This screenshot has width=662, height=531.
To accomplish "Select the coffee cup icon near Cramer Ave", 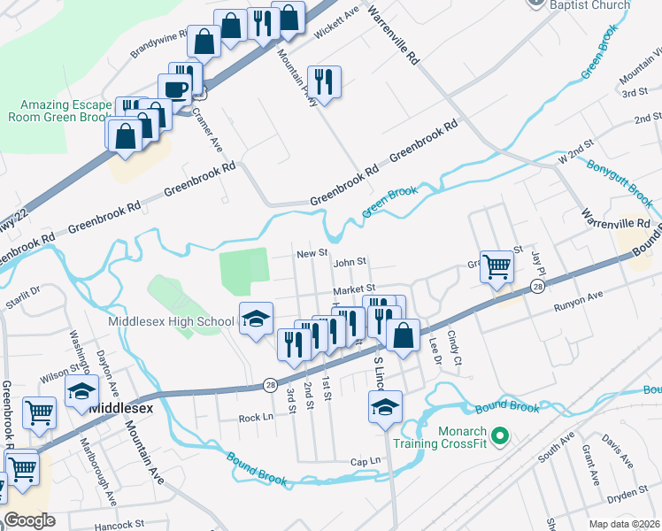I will (x=175, y=88).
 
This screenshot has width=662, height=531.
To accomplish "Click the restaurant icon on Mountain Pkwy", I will (x=323, y=81).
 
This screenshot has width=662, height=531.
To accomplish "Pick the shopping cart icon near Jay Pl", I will (x=497, y=265).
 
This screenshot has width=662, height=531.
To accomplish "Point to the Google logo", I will (x=29, y=520).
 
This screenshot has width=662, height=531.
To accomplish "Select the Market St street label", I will (x=354, y=289).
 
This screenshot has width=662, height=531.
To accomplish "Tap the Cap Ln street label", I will (x=365, y=461).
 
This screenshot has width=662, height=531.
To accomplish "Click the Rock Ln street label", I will (x=254, y=417).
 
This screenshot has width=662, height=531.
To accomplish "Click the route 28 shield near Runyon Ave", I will (x=537, y=287).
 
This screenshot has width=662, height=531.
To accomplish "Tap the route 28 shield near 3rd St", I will (x=270, y=384).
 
